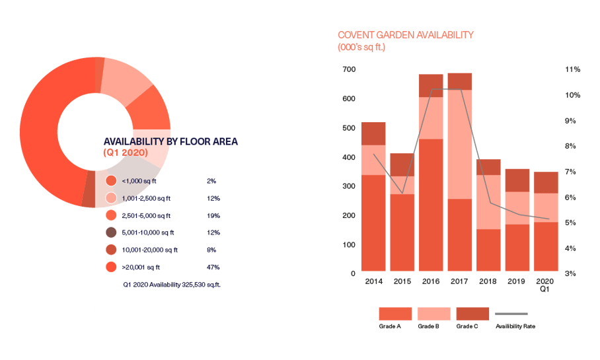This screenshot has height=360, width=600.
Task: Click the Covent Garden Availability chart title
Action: click(x=406, y=35)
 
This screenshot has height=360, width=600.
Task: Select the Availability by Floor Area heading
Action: click(x=170, y=141)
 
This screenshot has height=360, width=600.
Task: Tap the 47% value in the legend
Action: click(x=213, y=268)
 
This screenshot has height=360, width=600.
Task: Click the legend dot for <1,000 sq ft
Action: click(x=111, y=180)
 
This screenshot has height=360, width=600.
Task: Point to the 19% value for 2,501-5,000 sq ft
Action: click(x=213, y=215)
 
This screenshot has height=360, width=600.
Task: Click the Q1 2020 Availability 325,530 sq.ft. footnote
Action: click(x=170, y=285)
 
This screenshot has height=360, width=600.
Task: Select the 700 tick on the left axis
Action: click(x=348, y=69)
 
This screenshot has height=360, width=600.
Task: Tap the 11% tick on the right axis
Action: click(x=572, y=69)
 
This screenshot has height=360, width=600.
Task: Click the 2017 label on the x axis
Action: click(x=460, y=281)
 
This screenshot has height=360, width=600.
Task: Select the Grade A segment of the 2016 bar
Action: click(x=431, y=205)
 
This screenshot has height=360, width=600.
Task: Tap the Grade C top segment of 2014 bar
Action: click(x=373, y=133)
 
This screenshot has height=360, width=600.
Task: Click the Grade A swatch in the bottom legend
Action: click(x=395, y=314)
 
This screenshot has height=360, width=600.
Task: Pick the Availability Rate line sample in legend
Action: click(x=512, y=314)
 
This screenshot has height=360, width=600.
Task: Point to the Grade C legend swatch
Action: click(x=473, y=314)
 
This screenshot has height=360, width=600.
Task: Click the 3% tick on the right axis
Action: click(x=572, y=273)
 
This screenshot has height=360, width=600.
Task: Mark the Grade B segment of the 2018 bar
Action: click(x=488, y=201)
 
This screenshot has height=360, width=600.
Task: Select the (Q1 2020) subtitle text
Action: click(x=126, y=153)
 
